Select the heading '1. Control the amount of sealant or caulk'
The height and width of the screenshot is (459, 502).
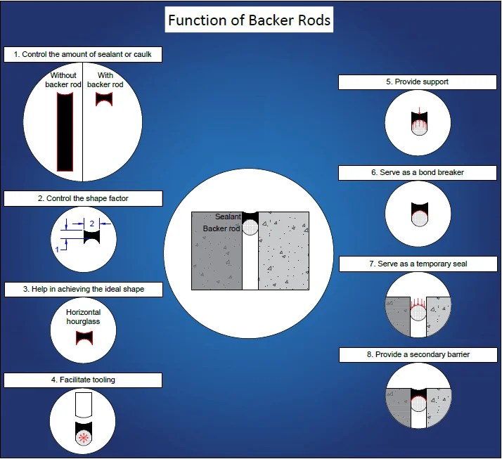point(82,54)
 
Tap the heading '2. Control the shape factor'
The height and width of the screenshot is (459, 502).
point(82,199)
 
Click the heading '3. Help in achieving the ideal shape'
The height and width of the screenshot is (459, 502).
point(82,289)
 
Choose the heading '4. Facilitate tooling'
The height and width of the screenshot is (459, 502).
point(82,380)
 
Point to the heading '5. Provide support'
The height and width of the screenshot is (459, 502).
point(418,82)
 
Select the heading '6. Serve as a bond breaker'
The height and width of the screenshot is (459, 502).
point(418,172)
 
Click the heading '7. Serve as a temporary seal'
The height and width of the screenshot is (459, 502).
point(418,264)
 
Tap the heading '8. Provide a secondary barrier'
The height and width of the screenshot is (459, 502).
point(418,355)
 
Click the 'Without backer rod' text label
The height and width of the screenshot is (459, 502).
point(63,80)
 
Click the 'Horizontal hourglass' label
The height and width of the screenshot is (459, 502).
point(83,316)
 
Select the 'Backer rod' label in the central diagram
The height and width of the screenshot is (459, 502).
point(221,228)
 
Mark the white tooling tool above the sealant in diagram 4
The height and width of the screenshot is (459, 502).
point(83,405)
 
